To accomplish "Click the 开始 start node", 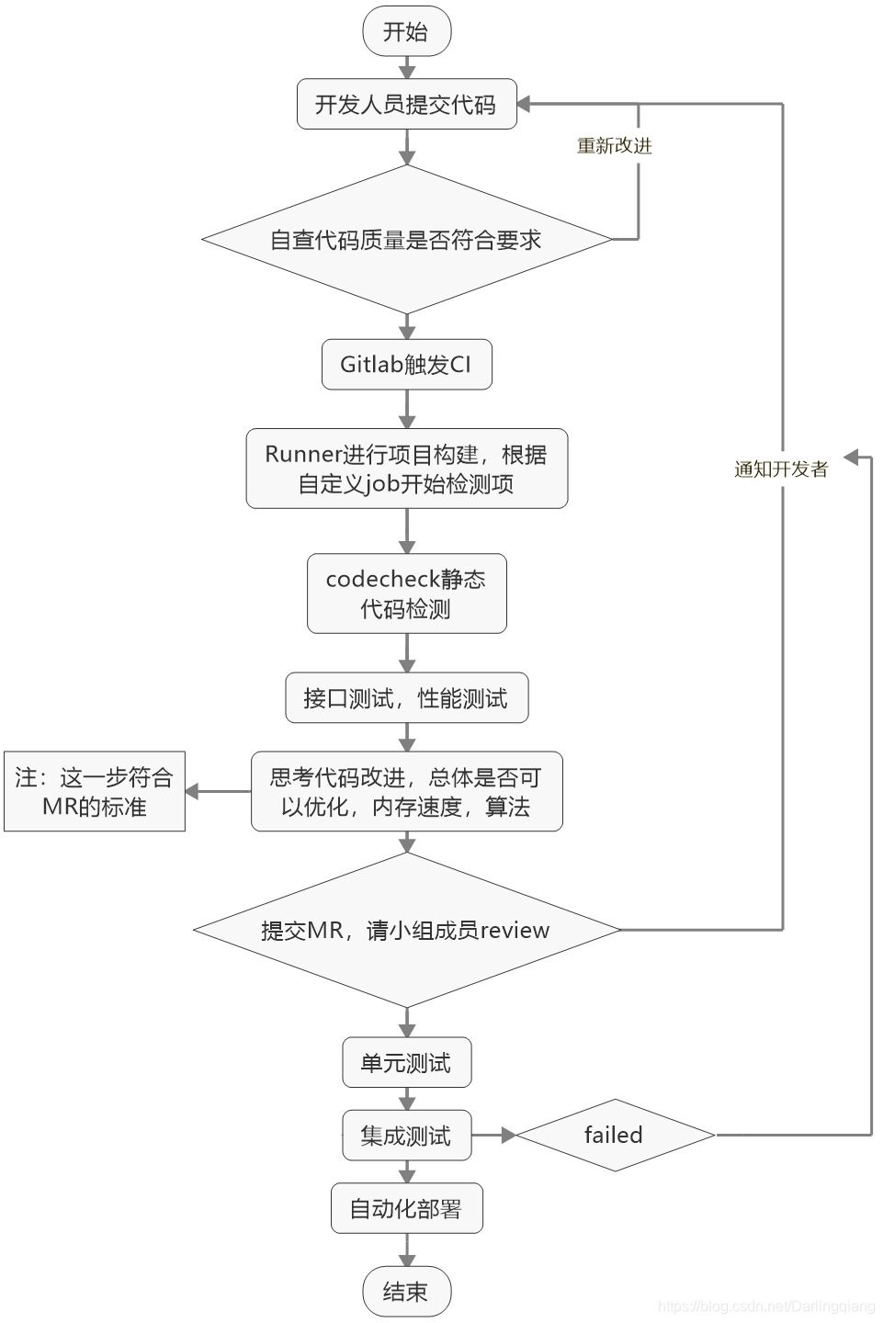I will coord(406,32).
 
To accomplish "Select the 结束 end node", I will coord(406,1292).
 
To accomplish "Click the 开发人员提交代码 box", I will coord(406,105).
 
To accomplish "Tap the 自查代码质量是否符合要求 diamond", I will coord(406,240).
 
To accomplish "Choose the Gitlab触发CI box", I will coord(406,365).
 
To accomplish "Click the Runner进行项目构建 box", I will coord(406,469).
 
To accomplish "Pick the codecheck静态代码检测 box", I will coord(406,594).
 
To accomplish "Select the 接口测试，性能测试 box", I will coord(406,698).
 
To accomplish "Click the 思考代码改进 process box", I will coord(406,792).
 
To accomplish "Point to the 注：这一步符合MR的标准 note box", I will coord(95,792).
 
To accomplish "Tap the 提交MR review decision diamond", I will coord(406,930).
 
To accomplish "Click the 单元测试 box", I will coord(406,1063).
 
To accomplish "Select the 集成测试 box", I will coord(406,1136).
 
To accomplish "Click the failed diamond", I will coord(615,1136).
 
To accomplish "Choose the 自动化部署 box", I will coord(406,1208).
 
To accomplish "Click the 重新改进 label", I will coord(614,146).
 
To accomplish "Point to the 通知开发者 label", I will coord(781,469).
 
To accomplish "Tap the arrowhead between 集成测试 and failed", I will coord(507,1136).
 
